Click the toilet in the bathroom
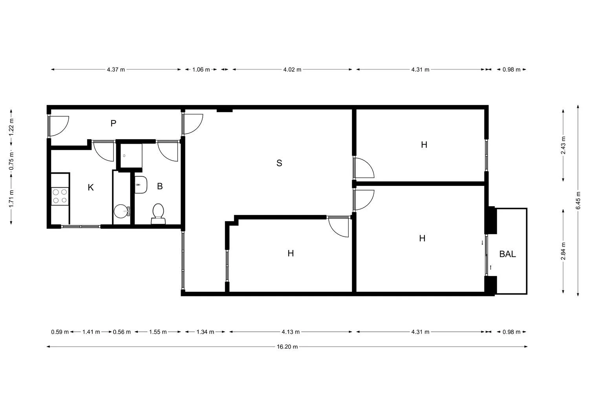pyautogui.click(x=158, y=214)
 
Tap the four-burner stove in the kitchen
pyautogui.click(x=60, y=196)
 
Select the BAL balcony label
pyautogui.click(x=507, y=254)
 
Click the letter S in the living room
pyautogui.click(x=279, y=163)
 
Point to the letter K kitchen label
pyautogui.click(x=91, y=187)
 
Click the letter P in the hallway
pyautogui.click(x=113, y=123)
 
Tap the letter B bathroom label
pyautogui.click(x=160, y=186)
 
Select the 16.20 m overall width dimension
pyautogui.click(x=287, y=347)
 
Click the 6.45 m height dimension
pyautogui.click(x=578, y=200)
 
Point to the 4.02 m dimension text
pyautogui.click(x=292, y=70)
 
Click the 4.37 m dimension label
pyautogui.click(x=116, y=70)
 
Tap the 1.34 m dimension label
pyautogui.click(x=205, y=332)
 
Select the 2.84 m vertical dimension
pyautogui.click(x=563, y=251)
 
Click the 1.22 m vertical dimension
pyautogui.click(x=11, y=127)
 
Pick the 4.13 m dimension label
pyautogui.click(x=291, y=332)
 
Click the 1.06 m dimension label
pyautogui.click(x=201, y=70)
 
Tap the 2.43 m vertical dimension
pyautogui.click(x=563, y=145)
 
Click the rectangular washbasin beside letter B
pyautogui.click(x=141, y=185)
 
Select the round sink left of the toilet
pyautogui.click(x=122, y=211)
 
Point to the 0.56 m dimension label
pyautogui.click(x=122, y=332)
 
